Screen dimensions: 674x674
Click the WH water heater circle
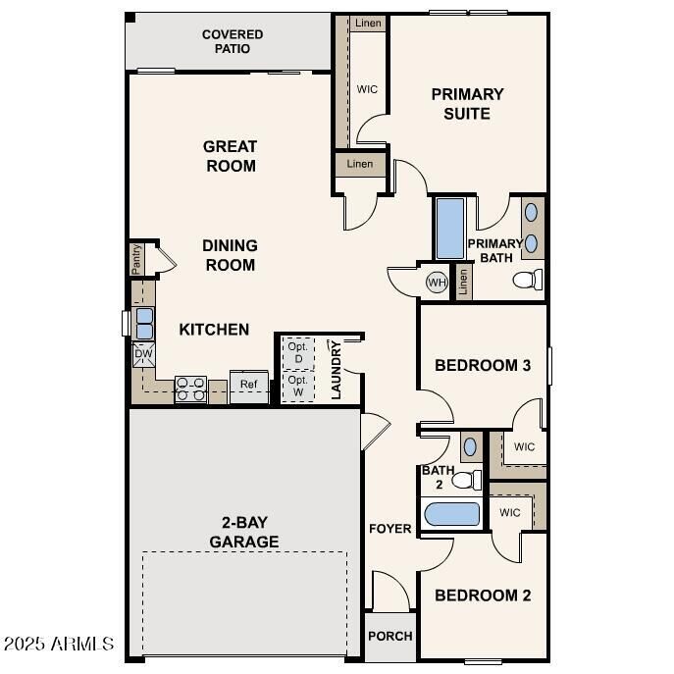click(x=437, y=283)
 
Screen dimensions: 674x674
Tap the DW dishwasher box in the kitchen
click(x=143, y=354)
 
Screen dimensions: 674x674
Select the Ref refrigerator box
click(x=249, y=385)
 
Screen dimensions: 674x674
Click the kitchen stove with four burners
click(x=189, y=389)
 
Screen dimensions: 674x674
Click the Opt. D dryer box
click(x=297, y=351)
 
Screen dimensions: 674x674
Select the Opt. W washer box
click(x=297, y=385)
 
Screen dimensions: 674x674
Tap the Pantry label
click(x=136, y=260)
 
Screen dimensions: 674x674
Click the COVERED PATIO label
click(x=233, y=41)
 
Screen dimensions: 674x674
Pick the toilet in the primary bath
click(x=527, y=281)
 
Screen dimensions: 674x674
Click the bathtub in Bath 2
click(x=451, y=515)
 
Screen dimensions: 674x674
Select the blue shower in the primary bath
click(x=449, y=230)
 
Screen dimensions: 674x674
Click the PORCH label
click(x=389, y=636)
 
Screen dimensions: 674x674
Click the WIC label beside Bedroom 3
click(x=524, y=447)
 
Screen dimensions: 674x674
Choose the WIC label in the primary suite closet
click(x=367, y=89)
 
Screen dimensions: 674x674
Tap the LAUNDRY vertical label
click(x=336, y=370)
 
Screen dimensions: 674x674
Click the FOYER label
click(x=389, y=529)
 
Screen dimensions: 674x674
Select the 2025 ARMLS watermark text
click(x=59, y=645)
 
